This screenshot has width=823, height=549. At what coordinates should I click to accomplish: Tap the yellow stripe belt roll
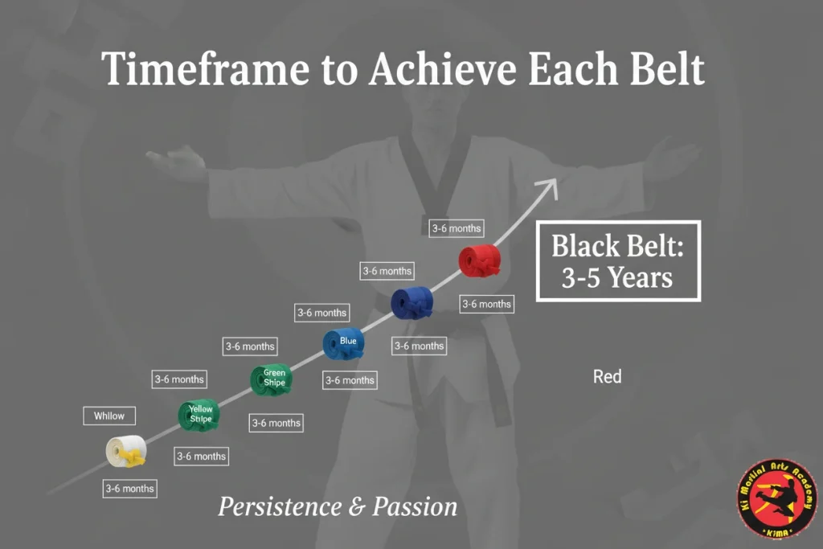tap(199, 415)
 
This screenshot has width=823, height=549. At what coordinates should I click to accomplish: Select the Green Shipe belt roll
tap(272, 379)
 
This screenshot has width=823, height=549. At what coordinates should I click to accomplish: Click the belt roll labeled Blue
tap(344, 343)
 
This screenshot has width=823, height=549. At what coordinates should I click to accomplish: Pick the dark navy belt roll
tap(412, 303)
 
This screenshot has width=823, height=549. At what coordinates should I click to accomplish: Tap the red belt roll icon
tap(480, 261)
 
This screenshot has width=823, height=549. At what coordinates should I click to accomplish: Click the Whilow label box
tap(109, 416)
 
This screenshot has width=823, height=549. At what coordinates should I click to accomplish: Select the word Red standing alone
tap(607, 376)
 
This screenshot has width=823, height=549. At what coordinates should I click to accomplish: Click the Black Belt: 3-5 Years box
tap(618, 261)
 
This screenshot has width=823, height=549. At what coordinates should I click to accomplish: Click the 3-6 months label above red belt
tap(456, 228)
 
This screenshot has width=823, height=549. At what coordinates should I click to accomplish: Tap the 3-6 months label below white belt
tap(129, 488)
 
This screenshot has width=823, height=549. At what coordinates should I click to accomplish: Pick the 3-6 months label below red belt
tap(485, 304)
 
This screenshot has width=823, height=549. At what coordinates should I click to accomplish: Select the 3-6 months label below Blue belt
tap(349, 380)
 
